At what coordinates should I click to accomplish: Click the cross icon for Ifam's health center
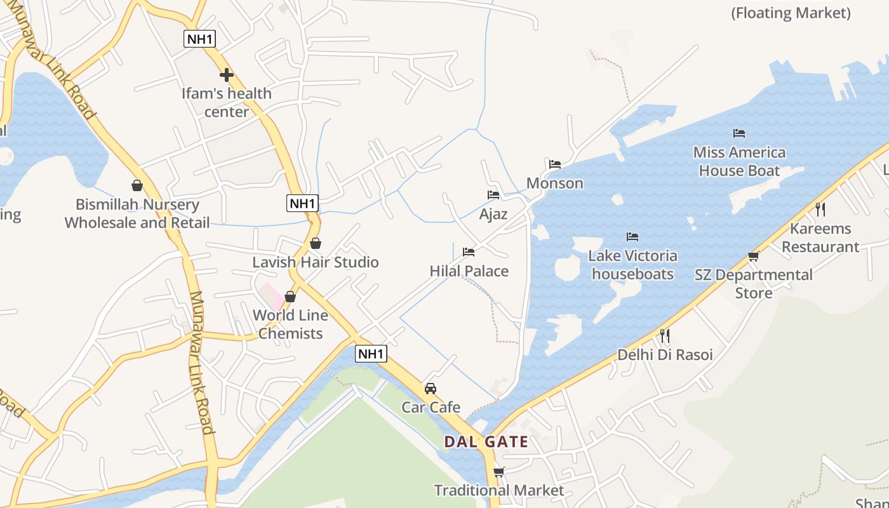227,75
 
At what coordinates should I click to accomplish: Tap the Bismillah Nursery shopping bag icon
137,185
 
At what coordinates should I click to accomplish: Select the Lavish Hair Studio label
316,262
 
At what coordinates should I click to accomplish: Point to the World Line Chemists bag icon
290,297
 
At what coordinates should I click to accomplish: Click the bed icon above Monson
555,164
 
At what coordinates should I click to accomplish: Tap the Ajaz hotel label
493,214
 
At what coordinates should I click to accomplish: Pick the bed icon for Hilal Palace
469,252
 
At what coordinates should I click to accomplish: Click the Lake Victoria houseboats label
632,265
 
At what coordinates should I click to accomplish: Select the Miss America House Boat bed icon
739,133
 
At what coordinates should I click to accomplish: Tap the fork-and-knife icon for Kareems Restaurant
820,209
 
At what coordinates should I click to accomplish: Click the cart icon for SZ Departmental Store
754,256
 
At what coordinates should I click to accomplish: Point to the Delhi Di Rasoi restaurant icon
665,335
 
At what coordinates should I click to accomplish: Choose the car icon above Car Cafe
431,388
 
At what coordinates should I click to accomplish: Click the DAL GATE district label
486,442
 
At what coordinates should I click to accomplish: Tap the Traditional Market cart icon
499,472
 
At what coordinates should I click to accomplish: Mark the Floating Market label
791,13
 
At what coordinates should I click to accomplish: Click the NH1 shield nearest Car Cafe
371,354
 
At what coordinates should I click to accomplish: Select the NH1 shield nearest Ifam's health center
200,39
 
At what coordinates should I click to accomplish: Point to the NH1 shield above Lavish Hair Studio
302,203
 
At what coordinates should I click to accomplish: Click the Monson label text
555,184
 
